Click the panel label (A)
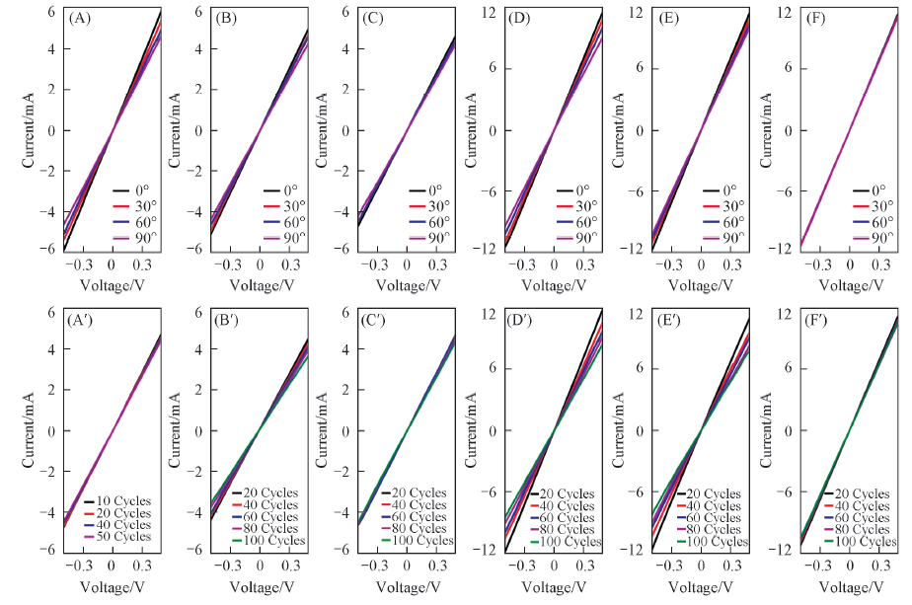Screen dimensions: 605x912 coord(78,18)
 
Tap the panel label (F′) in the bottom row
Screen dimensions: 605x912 coord(820,320)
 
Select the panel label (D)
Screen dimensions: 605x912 coord(522,18)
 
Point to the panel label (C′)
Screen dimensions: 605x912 coord(377,320)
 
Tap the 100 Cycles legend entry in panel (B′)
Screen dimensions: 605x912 coord(267,541)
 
